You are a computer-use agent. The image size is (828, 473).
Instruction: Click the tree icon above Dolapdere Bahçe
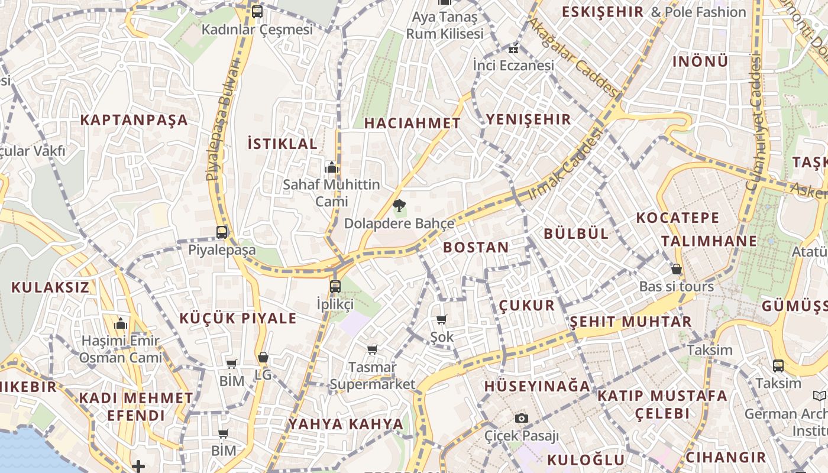click(x=399, y=206)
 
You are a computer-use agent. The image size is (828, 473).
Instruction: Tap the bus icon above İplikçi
click(x=335, y=287)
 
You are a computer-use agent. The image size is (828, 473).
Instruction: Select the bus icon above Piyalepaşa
click(x=222, y=232)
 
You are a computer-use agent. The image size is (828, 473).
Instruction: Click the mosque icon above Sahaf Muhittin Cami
click(x=332, y=167)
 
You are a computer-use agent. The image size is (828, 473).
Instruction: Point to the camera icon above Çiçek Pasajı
click(x=521, y=419)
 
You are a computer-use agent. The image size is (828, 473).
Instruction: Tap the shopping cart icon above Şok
click(x=441, y=320)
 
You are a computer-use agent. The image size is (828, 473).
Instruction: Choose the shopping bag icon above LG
click(x=263, y=358)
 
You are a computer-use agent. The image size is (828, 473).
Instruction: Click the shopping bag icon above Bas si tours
click(x=677, y=270)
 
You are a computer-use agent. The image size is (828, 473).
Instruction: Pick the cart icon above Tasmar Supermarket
click(x=372, y=350)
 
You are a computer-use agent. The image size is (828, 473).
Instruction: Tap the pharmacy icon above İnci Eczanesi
click(x=513, y=48)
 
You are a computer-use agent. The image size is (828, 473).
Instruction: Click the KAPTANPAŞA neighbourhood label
click(x=134, y=120)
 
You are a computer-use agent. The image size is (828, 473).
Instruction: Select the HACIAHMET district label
click(x=412, y=123)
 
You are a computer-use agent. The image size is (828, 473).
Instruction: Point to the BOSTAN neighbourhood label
click(x=476, y=247)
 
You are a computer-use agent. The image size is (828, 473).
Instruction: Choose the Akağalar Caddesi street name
click(x=573, y=57)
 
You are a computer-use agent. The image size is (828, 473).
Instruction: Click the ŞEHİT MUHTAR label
click(x=630, y=322)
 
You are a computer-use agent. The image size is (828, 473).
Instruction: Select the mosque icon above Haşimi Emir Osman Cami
click(x=121, y=324)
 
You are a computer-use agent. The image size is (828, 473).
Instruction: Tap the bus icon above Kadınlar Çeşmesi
click(x=257, y=11)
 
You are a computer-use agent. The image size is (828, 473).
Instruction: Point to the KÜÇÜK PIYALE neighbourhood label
click(x=238, y=318)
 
